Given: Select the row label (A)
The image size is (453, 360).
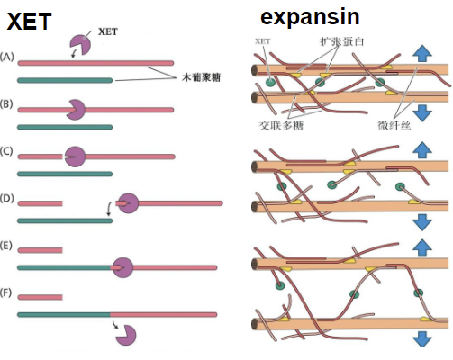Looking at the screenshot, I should click(x=8, y=57).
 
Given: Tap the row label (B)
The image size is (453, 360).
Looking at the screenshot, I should click(x=8, y=105).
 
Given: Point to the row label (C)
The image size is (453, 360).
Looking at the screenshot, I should click(x=8, y=150).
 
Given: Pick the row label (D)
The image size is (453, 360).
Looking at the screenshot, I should click(x=8, y=197).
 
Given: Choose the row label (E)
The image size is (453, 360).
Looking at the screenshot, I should click(x=8, y=245).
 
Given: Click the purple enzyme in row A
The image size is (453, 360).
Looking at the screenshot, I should click(x=80, y=45).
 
